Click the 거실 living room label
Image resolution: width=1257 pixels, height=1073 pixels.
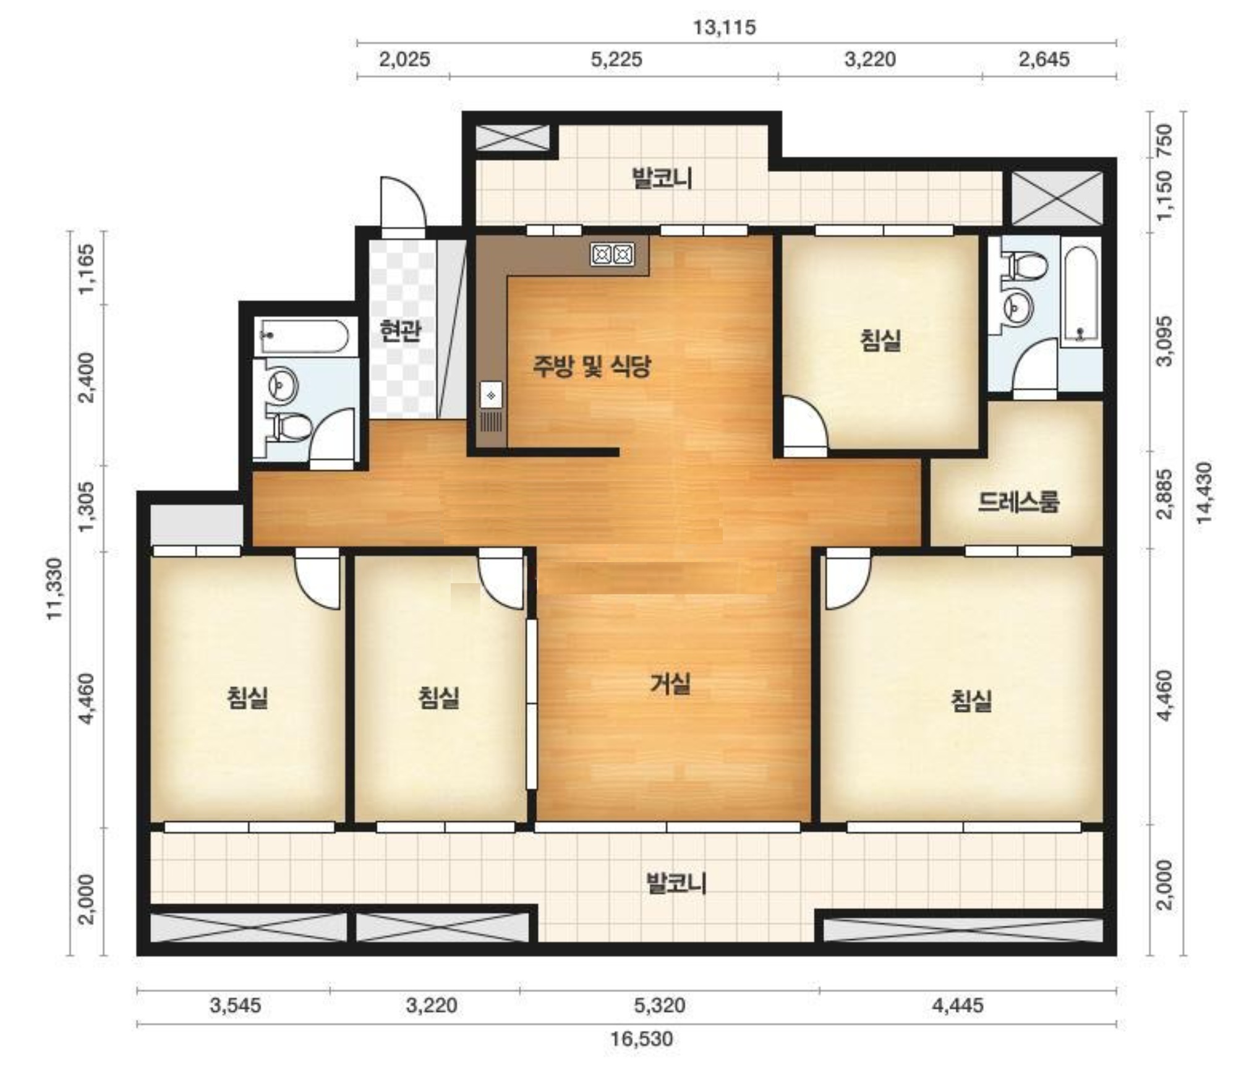(670, 684)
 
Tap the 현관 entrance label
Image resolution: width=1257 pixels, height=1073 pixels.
(401, 331)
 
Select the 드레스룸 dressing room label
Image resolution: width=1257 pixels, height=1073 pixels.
(1018, 502)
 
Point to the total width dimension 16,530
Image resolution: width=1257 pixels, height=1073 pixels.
(642, 1038)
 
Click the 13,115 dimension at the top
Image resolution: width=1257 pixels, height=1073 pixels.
(724, 28)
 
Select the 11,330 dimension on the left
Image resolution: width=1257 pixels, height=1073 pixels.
(56, 588)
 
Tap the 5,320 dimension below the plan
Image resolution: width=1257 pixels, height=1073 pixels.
(660, 1005)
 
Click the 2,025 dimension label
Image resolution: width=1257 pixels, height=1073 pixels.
(404, 59)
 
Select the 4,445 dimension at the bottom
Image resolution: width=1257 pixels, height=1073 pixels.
(957, 1005)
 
